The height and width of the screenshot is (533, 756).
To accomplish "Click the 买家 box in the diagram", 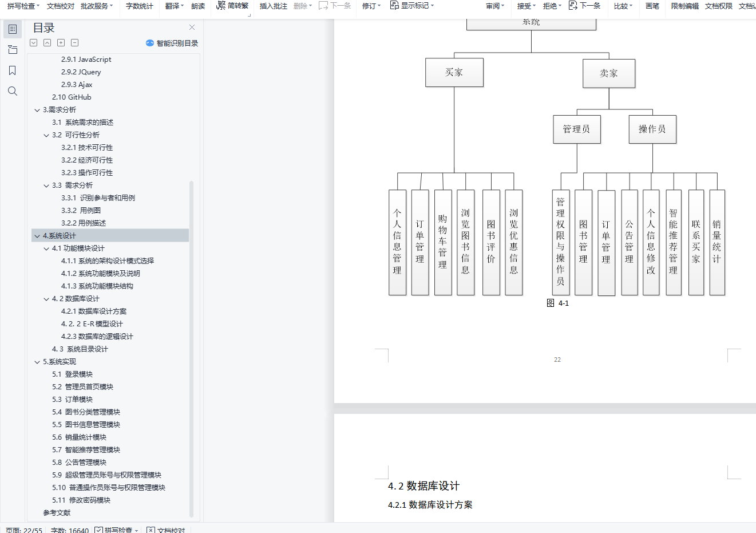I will click(x=454, y=73).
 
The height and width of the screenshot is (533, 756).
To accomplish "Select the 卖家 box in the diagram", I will click(x=609, y=74).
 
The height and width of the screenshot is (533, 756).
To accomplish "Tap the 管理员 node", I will click(x=576, y=129).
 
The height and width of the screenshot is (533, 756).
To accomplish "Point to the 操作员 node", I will click(x=652, y=129).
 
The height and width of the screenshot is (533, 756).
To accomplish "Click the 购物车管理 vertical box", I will click(x=443, y=242).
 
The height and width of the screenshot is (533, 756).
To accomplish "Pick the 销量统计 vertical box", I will click(x=717, y=242).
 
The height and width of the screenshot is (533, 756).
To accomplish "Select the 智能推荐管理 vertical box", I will click(x=674, y=242).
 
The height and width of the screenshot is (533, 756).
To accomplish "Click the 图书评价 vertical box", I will click(x=491, y=242).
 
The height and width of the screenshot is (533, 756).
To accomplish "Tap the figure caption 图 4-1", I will click(x=558, y=303).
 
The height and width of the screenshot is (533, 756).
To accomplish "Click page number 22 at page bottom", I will click(x=557, y=360).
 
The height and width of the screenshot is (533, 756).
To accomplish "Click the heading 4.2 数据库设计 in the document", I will click(x=423, y=486).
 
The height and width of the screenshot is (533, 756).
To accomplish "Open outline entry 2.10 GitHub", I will click(x=72, y=97).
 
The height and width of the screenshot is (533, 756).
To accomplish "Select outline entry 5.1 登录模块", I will click(x=72, y=374).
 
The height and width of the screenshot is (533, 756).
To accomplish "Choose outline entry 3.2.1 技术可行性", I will click(x=87, y=148).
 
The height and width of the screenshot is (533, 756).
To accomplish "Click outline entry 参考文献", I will click(x=57, y=513).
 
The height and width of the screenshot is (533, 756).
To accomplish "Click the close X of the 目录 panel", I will click(x=192, y=27).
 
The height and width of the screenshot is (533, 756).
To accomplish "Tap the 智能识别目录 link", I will click(x=177, y=44).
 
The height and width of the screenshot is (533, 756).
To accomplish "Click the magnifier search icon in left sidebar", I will click(x=13, y=91).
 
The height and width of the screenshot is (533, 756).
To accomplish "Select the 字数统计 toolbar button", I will click(x=140, y=6).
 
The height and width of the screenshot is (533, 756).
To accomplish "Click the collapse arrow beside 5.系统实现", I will click(x=37, y=362).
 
